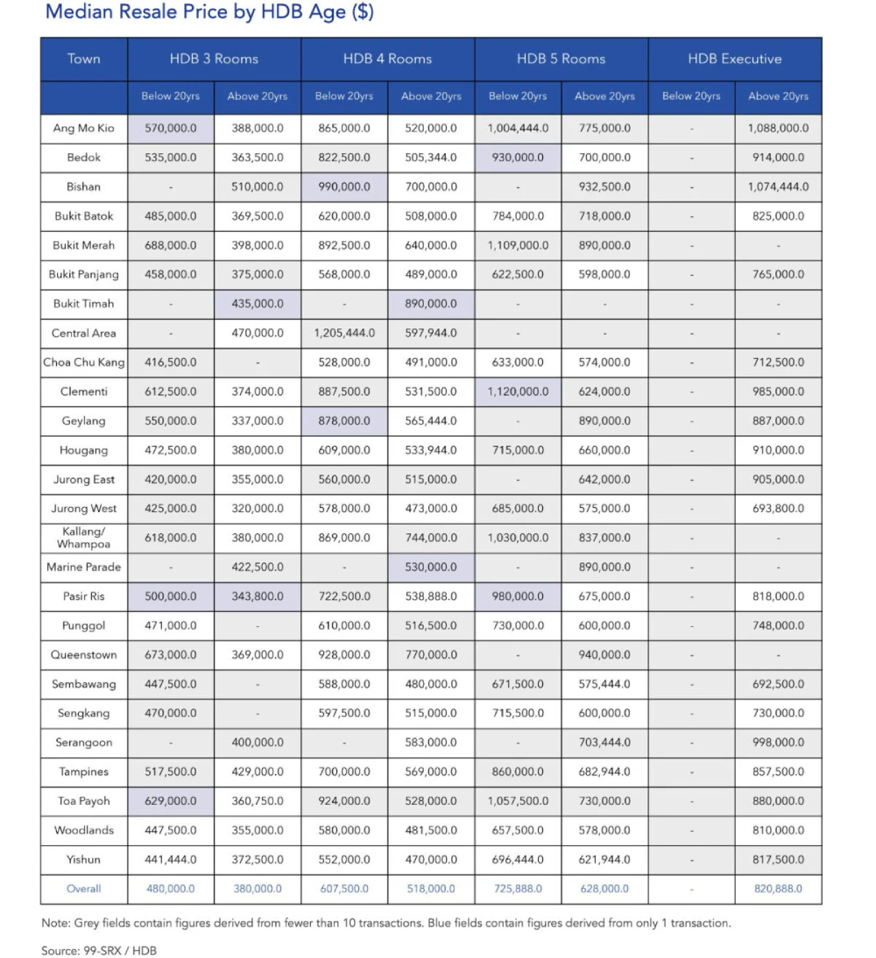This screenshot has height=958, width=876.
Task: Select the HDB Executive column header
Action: tap(734, 59)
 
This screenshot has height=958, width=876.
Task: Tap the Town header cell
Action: tap(84, 59)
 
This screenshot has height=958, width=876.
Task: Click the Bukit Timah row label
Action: tap(84, 304)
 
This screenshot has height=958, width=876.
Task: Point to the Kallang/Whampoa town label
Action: tap(84, 538)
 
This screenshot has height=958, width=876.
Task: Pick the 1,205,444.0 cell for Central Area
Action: tap(344, 333)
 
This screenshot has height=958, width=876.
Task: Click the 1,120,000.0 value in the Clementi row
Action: tap(518, 391)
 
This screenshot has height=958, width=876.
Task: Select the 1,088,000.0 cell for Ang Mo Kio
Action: tap(778, 128)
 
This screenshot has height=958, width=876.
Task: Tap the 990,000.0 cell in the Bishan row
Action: tap(344, 187)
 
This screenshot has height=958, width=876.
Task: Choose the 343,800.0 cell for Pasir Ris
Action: tap(258, 596)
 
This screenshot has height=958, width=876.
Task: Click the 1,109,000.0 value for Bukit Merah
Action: tap(518, 245)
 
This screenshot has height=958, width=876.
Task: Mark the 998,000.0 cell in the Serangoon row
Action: tap(778, 743)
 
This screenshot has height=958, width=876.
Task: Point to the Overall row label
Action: tap(84, 888)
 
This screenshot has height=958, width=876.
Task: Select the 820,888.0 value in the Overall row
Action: tap(778, 888)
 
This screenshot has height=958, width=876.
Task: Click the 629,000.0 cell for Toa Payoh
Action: tap(171, 800)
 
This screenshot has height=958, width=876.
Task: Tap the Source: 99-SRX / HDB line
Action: tap(99, 950)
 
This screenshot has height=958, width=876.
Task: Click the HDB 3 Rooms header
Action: tap(214, 59)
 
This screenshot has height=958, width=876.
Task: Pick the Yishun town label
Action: tap(84, 859)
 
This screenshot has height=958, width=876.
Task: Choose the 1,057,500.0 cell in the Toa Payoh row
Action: tap(518, 800)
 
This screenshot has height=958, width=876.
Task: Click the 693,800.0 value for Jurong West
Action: tap(778, 509)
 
